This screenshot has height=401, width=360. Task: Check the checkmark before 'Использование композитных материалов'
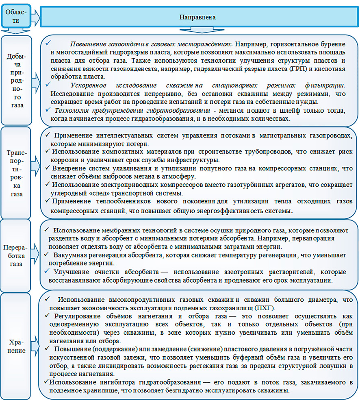coord(48,151)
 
